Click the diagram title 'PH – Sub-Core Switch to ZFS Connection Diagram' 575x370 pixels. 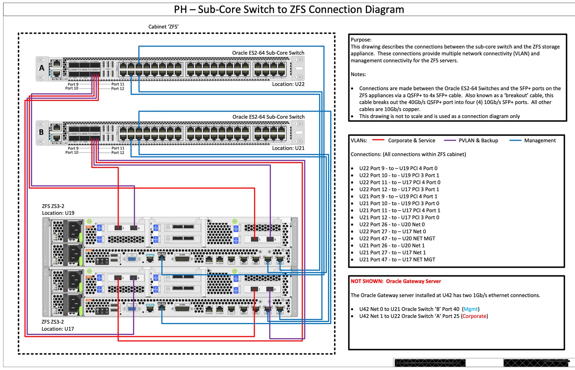point(289,10)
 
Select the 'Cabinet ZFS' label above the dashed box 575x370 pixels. point(163,27)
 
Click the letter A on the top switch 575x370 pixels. point(42,68)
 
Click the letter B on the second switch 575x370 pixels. point(41,132)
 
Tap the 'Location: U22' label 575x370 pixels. point(288,84)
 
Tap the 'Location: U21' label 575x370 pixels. point(288,148)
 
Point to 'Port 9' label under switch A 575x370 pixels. point(73,84)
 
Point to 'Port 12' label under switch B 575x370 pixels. point(118,152)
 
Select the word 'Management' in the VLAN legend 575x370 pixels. point(540,141)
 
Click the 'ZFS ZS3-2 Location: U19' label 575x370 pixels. point(58,209)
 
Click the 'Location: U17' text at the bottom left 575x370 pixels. point(57,329)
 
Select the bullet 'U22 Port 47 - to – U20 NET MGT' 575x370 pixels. point(397,238)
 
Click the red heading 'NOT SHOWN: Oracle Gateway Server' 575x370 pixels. point(396,281)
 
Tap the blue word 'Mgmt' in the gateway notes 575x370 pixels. point(470,309)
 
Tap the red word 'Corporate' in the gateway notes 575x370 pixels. point(474,316)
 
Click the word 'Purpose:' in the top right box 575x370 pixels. point(361,40)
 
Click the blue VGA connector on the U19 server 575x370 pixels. point(132,259)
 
